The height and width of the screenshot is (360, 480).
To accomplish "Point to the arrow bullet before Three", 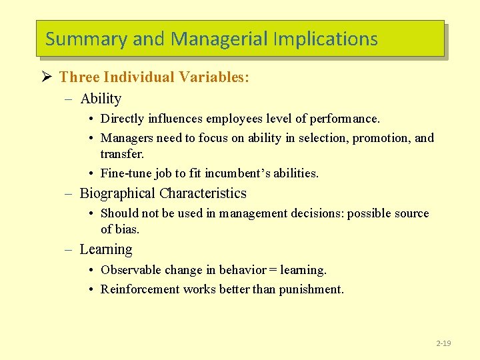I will tap(47, 77).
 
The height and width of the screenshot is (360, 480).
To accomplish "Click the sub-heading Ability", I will tap(101, 99).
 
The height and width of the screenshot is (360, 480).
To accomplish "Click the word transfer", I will tap(122, 154).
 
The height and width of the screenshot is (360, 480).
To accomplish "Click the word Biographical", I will tap(117, 193).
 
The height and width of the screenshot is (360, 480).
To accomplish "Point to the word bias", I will tap(128, 229).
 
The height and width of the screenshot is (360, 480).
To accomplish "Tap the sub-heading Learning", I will tap(106, 249).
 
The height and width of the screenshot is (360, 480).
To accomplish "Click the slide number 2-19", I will tap(443, 343).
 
